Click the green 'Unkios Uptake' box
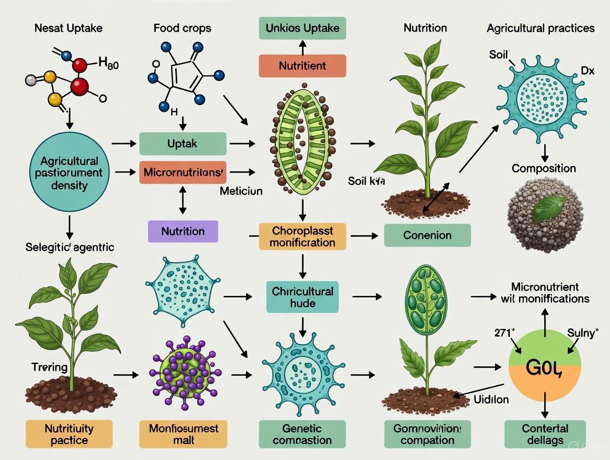tap(302, 28)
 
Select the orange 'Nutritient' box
tap(302, 65)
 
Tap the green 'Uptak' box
tap(183, 144)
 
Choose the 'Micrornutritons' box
tap(183, 172)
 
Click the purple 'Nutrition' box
tap(183, 231)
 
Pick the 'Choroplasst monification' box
tap(302, 236)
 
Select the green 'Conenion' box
tap(427, 236)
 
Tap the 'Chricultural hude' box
tap(302, 297)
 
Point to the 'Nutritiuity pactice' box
tap(61, 434)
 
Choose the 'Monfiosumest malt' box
tap(183, 434)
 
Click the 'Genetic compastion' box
tap(302, 434)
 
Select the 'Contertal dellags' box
tap(544, 434)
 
